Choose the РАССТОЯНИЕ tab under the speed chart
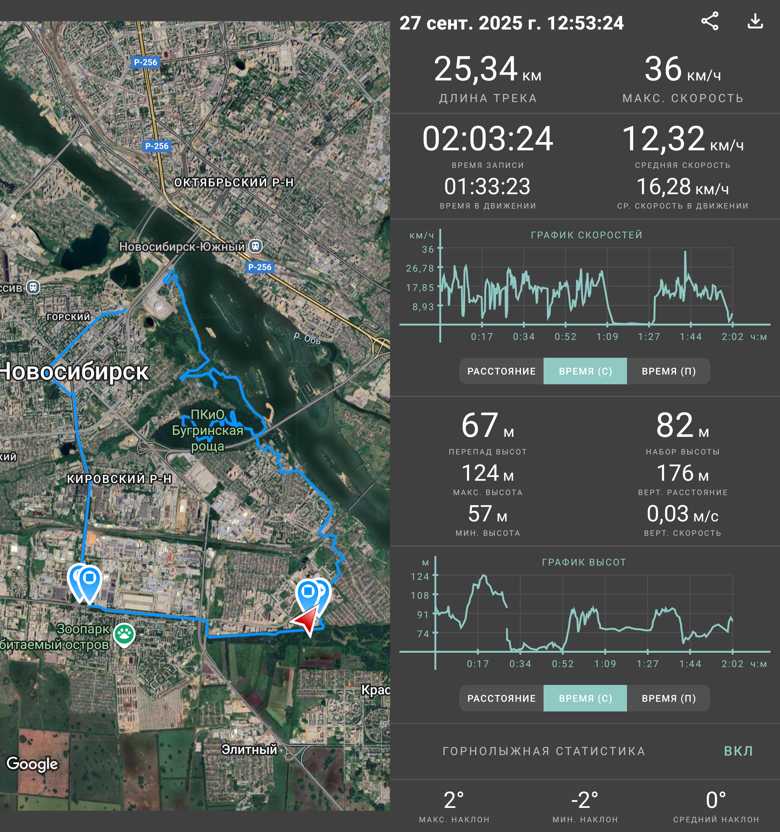click(501, 371)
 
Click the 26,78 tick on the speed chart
click(420, 268)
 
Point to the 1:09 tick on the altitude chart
click(605, 664)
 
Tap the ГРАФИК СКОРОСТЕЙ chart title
click(586, 235)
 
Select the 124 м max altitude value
click(487, 473)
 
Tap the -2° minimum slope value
click(584, 800)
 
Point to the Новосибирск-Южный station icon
click(256, 246)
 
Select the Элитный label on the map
click(249, 749)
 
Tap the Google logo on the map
click(32, 764)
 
